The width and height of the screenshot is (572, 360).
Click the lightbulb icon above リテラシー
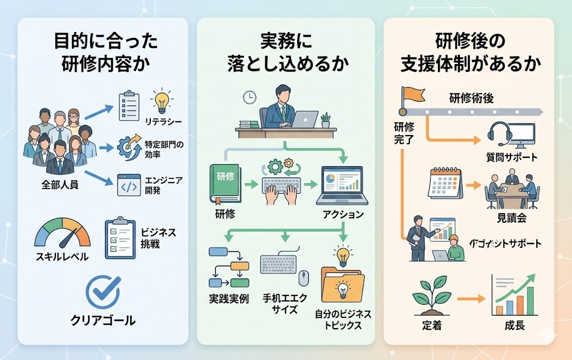(x=163, y=102)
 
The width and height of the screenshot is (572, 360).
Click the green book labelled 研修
(x=225, y=183)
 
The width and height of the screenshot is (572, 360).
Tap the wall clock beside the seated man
(x=249, y=97)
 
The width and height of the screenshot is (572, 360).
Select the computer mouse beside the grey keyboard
(x=303, y=277)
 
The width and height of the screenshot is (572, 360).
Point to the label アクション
(x=343, y=215)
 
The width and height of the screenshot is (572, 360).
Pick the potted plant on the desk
(x=325, y=120)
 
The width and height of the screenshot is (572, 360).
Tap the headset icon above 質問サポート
(x=499, y=133)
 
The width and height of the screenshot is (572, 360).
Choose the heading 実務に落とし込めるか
(x=285, y=52)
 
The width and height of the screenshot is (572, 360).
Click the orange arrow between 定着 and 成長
(x=470, y=300)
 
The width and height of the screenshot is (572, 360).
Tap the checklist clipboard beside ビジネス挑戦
(x=120, y=236)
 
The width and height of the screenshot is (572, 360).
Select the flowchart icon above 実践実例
(x=228, y=265)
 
